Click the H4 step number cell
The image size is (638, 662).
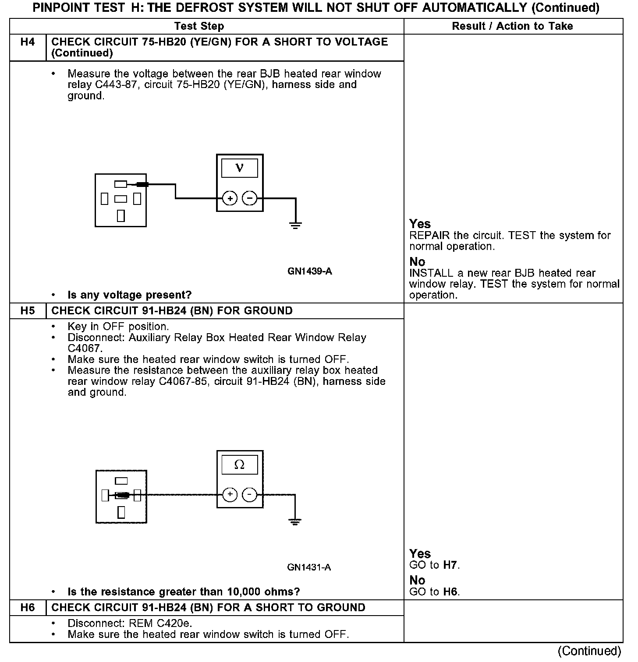click(28, 42)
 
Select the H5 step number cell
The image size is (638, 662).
click(28, 311)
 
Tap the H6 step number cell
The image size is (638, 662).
click(28, 608)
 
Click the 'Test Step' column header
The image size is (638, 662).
click(199, 26)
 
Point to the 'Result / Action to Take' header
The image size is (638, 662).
click(512, 26)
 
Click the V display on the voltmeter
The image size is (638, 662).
click(240, 168)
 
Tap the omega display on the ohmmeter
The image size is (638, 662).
click(240, 465)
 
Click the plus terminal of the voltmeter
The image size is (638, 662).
click(230, 198)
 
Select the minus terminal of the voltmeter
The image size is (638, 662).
click(250, 198)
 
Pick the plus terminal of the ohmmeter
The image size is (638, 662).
click(230, 495)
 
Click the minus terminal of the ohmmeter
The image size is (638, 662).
click(250, 495)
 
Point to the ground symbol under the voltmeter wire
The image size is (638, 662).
click(296, 226)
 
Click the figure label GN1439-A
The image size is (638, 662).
click(309, 271)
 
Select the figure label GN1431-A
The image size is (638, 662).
click(309, 568)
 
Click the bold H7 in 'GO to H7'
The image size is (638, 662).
click(450, 565)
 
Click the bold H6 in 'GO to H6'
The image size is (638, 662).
click(450, 592)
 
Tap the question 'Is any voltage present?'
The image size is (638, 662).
click(130, 295)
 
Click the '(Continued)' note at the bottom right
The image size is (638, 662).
click(589, 651)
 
